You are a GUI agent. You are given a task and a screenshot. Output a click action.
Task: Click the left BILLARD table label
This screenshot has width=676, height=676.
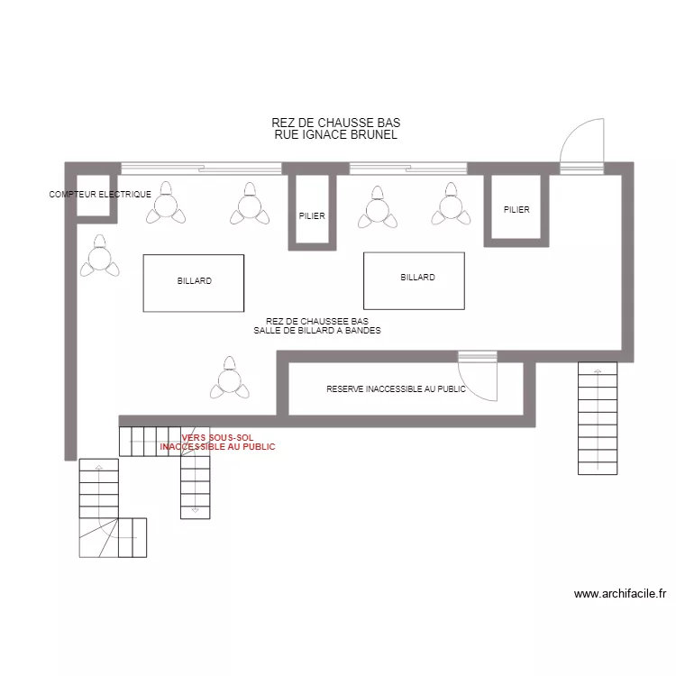click(195, 281)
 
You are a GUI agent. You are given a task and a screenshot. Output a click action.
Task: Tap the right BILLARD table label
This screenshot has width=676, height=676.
click(417, 278)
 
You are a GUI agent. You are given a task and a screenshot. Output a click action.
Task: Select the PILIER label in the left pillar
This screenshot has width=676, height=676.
click(312, 216)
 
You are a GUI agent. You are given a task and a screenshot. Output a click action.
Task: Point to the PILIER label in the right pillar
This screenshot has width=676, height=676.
click(516, 210)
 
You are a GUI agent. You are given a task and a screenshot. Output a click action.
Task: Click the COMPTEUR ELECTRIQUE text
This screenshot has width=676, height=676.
click(100, 195)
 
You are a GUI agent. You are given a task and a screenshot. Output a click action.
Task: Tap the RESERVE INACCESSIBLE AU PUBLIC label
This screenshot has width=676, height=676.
click(397, 389)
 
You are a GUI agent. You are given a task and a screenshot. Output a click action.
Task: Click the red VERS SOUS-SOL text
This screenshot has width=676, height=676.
click(217, 437)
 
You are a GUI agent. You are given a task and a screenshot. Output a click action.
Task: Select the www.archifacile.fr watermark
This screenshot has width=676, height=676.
click(620, 594)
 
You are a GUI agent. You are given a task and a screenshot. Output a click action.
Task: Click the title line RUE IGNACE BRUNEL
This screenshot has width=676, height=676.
click(336, 134)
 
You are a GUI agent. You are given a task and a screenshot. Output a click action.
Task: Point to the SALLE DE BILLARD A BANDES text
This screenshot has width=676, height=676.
click(317, 331)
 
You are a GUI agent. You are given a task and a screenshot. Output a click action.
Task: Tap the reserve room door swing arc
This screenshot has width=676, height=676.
click(470, 388)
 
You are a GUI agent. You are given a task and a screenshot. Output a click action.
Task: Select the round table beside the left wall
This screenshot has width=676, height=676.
click(99, 259)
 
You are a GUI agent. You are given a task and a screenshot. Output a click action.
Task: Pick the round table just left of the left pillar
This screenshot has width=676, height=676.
click(250, 206)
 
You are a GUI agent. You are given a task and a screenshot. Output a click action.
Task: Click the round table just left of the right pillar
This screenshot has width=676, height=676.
click(451, 206)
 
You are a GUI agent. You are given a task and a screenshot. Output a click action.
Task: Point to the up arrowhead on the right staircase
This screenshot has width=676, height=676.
click(598, 370)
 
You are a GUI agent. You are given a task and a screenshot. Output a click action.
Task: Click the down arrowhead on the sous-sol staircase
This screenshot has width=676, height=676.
click(196, 510)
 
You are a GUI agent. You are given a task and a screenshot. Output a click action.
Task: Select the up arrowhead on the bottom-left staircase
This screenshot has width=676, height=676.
click(99, 467)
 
